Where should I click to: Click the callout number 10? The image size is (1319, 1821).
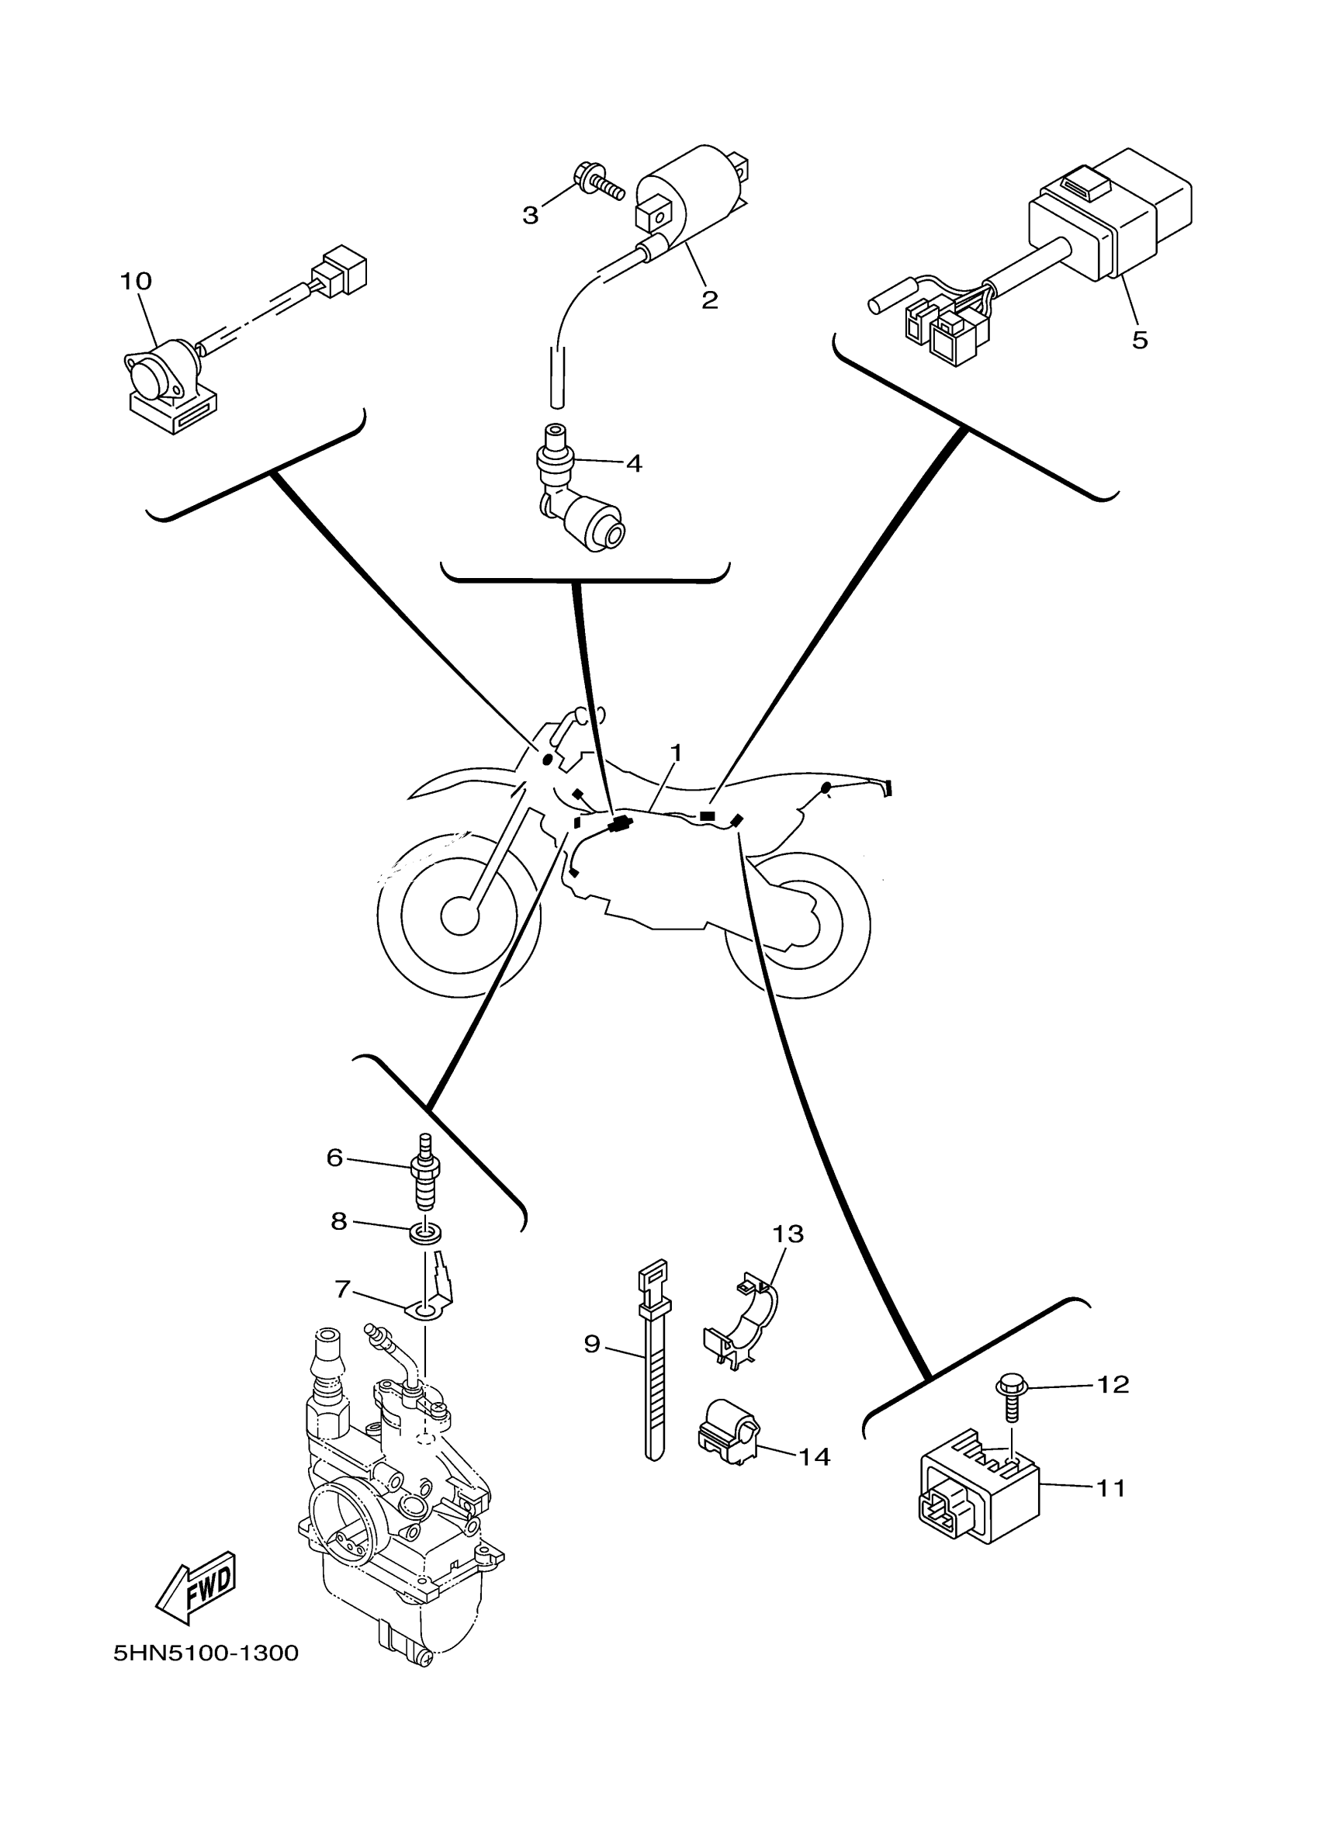point(136,281)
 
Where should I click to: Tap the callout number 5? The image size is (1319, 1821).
point(1139,341)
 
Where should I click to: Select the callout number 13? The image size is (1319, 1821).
point(788,1234)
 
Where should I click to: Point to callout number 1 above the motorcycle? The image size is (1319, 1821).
point(676,753)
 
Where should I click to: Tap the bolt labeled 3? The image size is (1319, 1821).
point(598,183)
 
